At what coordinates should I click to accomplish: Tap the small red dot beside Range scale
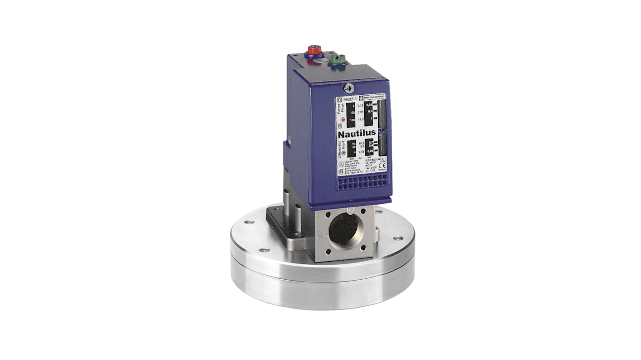[343, 120]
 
